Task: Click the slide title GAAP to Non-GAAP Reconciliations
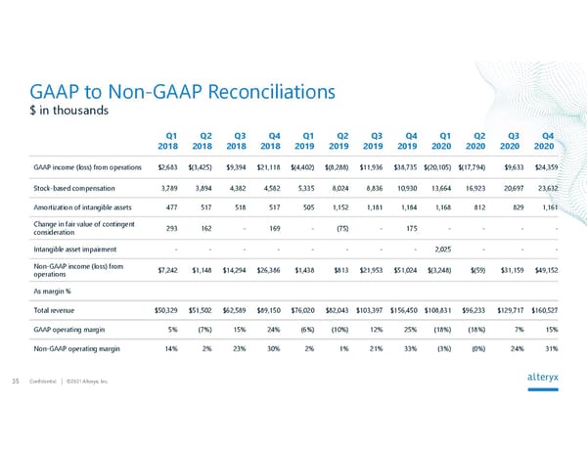(x=183, y=92)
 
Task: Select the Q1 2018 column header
(x=168, y=141)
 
